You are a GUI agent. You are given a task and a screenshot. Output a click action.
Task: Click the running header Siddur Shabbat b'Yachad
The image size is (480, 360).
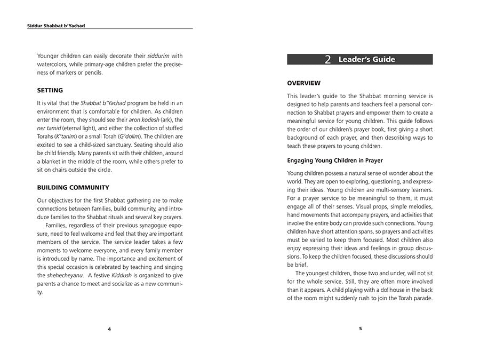56,25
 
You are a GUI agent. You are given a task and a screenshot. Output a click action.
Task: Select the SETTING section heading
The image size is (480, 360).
50,90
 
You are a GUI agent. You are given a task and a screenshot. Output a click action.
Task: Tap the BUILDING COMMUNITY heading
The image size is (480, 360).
73,187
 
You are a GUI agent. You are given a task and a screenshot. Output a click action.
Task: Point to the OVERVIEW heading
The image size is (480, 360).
304,83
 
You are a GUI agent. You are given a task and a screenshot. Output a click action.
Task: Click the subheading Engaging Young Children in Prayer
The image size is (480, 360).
335,160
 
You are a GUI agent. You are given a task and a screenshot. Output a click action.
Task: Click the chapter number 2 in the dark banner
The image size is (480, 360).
328,60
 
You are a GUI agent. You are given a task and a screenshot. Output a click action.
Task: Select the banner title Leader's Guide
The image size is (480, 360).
366,60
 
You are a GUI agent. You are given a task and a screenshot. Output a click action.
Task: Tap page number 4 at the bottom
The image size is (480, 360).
109,329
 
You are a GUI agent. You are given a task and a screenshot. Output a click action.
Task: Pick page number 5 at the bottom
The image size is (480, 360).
360,329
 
